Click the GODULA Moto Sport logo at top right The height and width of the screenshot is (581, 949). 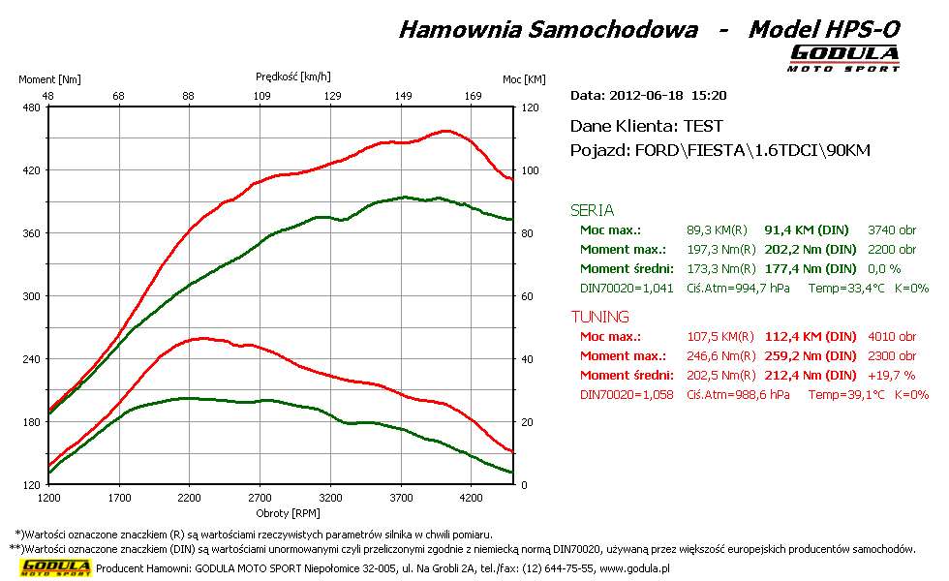click(x=844, y=57)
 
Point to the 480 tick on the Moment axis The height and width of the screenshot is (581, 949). click(x=31, y=107)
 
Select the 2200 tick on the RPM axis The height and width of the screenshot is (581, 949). click(x=190, y=498)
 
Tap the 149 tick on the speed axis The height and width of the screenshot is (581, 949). click(x=404, y=96)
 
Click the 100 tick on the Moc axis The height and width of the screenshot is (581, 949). click(x=530, y=170)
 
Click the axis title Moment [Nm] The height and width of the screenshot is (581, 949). click(x=49, y=79)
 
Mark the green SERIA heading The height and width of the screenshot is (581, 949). click(x=593, y=210)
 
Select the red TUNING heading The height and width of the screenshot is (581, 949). click(x=600, y=317)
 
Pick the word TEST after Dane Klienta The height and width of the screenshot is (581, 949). click(x=703, y=126)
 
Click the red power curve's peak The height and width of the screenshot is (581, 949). click(x=445, y=131)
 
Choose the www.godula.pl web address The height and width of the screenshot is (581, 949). click(x=635, y=568)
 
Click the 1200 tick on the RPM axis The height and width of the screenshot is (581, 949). click(x=49, y=498)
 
